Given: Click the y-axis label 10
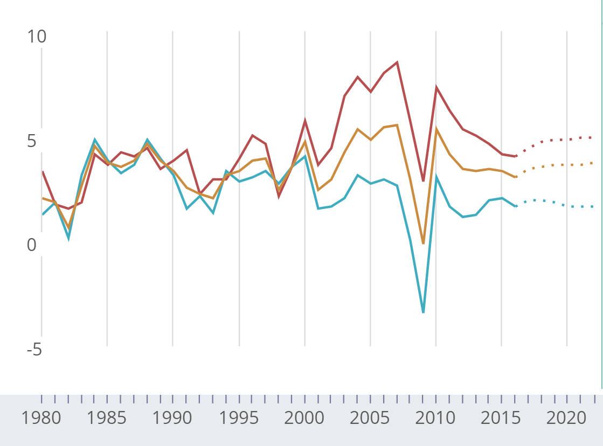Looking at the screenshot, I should coord(37,37).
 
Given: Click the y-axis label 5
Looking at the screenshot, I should coord(32,141).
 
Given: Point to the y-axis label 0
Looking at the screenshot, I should coord(32,245).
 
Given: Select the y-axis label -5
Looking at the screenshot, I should coord(34,350).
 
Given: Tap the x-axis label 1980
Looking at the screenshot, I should coord(41,418).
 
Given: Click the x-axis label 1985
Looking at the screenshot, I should coord(107,418).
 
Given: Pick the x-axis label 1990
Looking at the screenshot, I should coord(172,418).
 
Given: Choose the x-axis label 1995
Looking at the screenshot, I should coord(239,418).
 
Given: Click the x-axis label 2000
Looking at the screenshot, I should coord(304,418).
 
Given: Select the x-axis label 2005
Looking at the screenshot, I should coord(370,418).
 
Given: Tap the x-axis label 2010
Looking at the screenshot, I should coord(436,418).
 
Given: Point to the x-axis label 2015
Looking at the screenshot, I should coord(501,418).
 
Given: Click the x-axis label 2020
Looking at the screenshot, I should coord(567,418).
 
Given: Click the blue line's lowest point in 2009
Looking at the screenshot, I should coord(423,312).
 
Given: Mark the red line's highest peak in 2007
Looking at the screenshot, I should coord(397,62).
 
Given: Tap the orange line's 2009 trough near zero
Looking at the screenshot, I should coord(423,243).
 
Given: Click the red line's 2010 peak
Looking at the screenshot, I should coord(436,87).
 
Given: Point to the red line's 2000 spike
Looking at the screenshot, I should coord(305,121).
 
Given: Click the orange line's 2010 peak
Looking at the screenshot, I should coord(436,129).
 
